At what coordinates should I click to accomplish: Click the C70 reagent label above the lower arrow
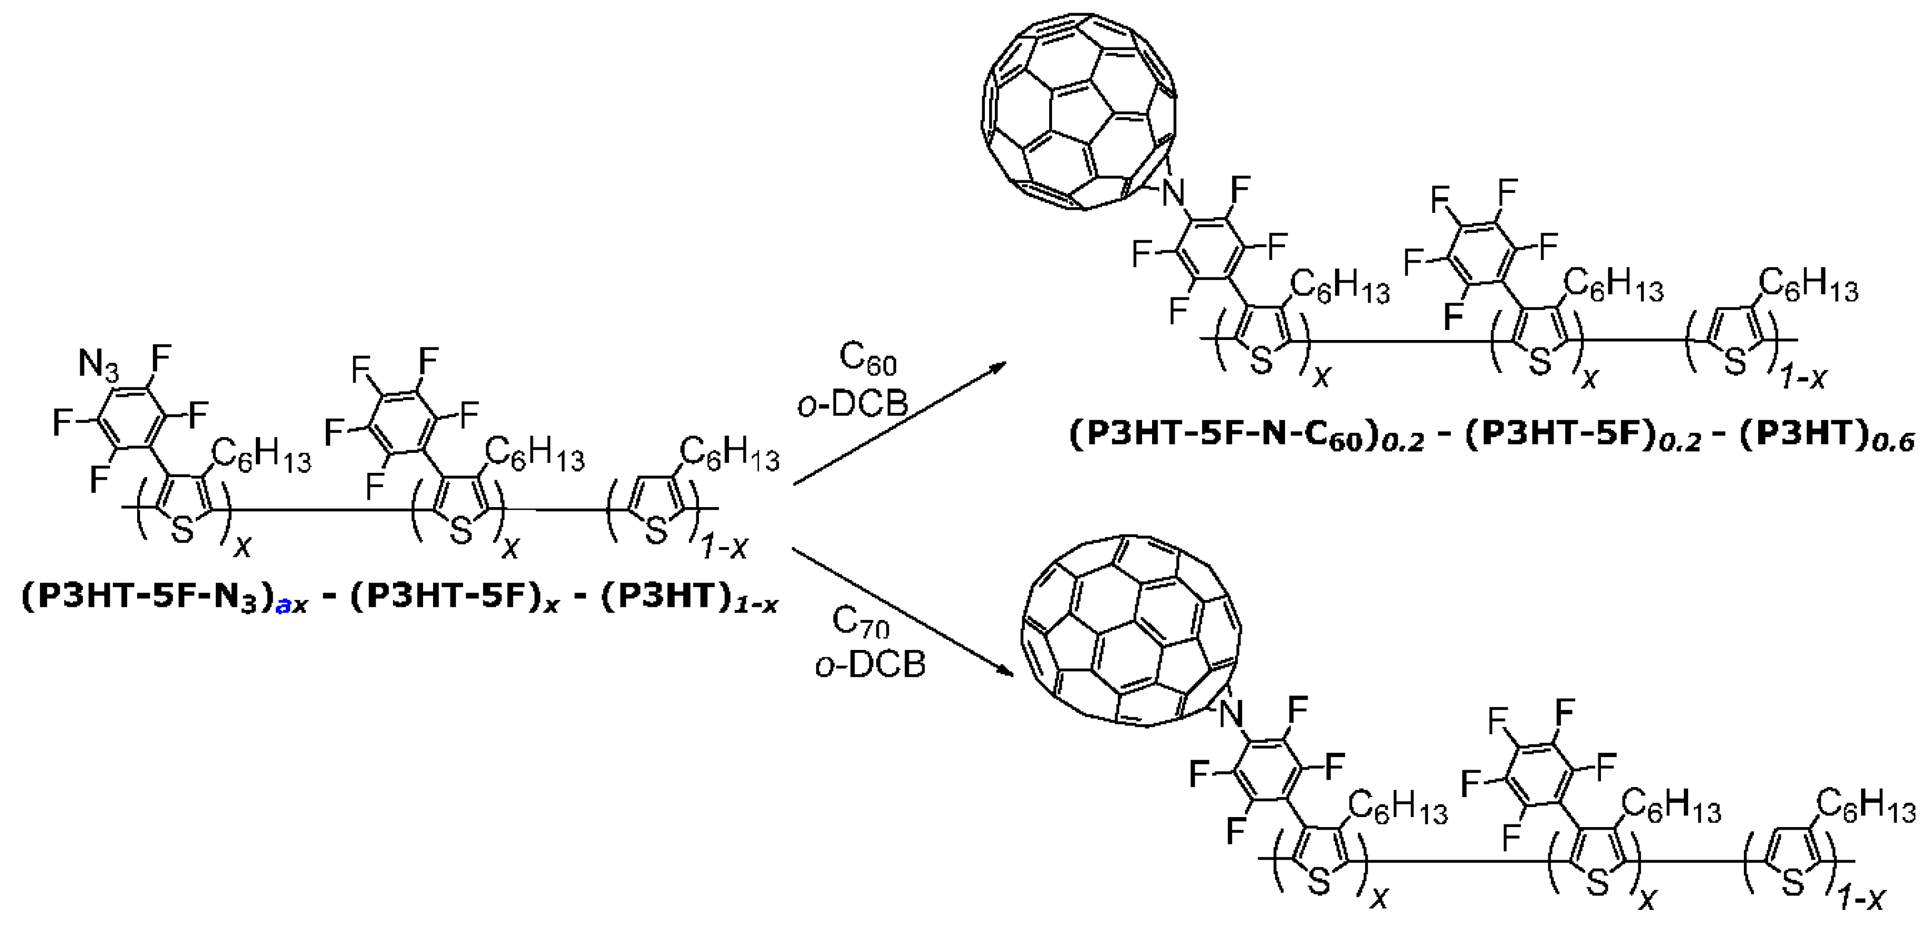861,623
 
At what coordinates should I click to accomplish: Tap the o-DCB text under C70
870,664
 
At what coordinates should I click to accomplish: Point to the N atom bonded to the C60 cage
1174,196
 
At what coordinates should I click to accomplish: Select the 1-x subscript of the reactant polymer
724,550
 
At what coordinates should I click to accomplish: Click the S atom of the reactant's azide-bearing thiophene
182,531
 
